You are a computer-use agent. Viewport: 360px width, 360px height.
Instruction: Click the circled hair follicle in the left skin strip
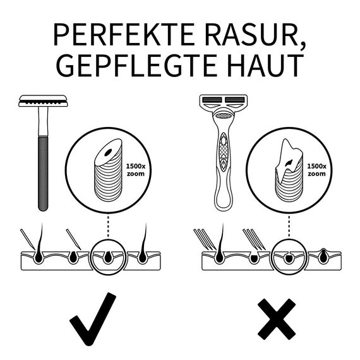point(109,256)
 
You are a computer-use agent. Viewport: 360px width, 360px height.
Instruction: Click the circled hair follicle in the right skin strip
point(289,256)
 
